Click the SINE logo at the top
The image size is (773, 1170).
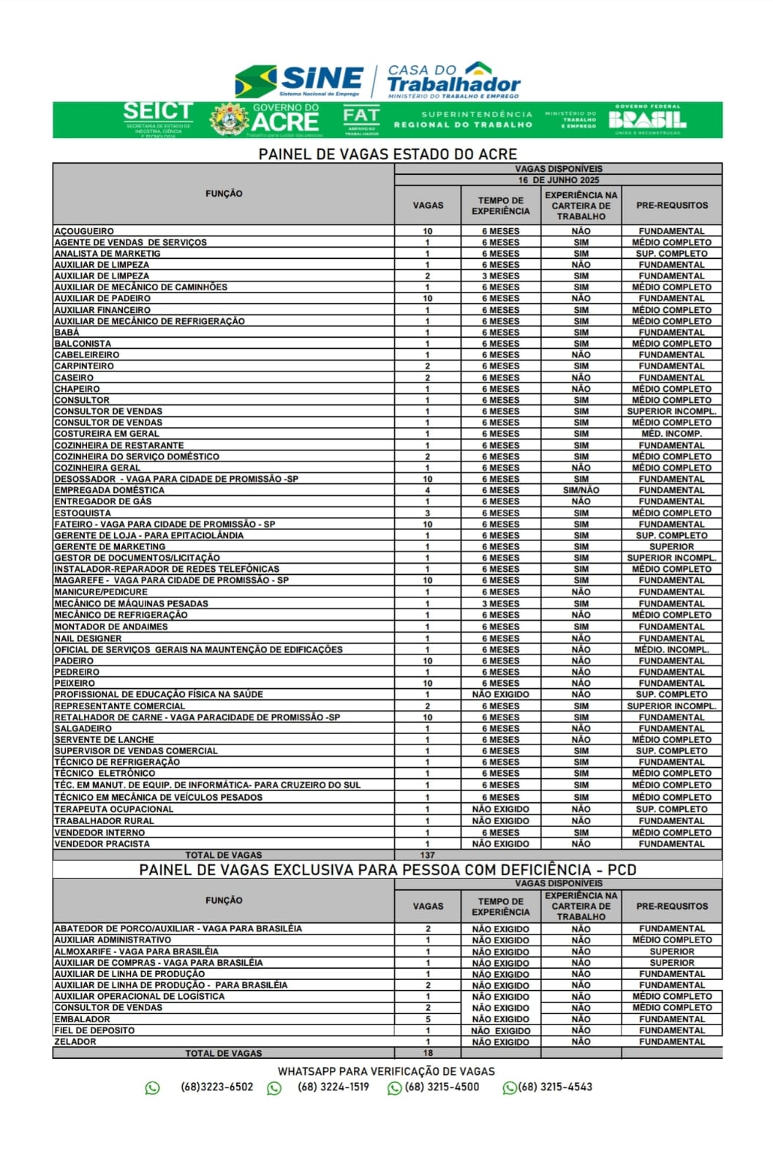click(x=300, y=80)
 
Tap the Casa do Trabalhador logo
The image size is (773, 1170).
click(x=453, y=80)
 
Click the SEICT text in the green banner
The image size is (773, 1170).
click(x=158, y=112)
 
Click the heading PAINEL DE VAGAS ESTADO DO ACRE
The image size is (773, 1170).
click(x=388, y=154)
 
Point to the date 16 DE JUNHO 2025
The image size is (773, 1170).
click(x=559, y=180)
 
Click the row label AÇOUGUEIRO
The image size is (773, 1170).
click(x=84, y=231)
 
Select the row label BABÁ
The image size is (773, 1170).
click(x=67, y=332)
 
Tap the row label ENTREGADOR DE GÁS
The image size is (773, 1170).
click(x=103, y=502)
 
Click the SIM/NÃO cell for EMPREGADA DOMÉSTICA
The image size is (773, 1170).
click(x=581, y=490)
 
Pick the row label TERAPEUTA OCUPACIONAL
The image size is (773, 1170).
click(x=114, y=809)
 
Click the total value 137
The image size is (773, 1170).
click(x=428, y=855)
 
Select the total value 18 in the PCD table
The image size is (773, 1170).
click(x=428, y=1053)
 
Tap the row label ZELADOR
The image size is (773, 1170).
click(x=75, y=1041)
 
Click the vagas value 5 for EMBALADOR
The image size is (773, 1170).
click(x=428, y=1019)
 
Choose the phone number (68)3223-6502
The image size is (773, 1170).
click(x=216, y=1087)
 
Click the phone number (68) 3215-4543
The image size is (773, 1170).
click(x=555, y=1087)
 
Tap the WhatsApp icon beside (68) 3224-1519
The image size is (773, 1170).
click(x=274, y=1088)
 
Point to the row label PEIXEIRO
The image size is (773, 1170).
click(x=75, y=683)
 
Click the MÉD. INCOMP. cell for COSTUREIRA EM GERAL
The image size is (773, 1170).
click(x=671, y=434)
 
